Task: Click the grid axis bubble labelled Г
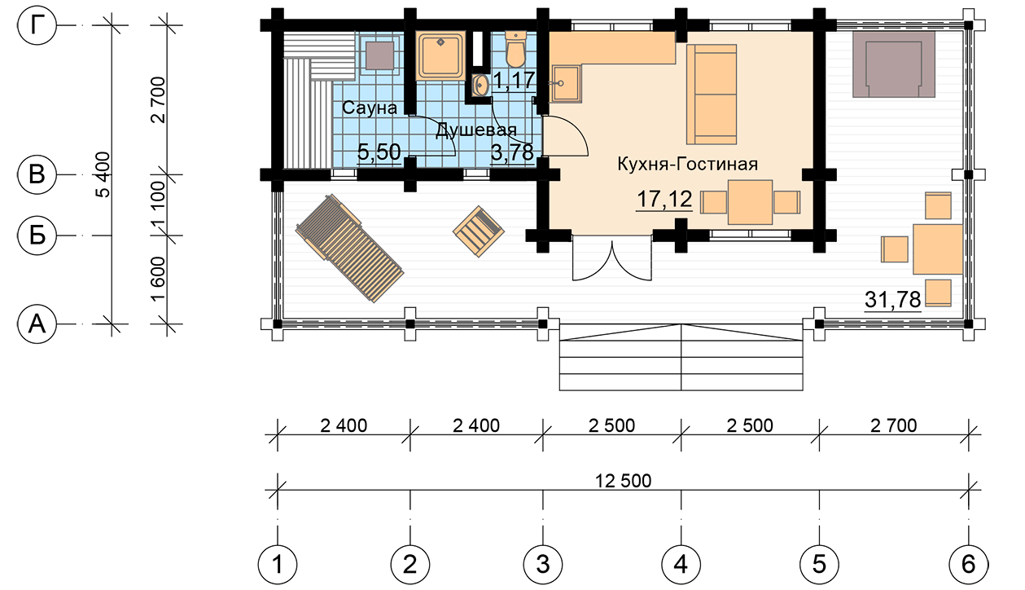(x=37, y=25)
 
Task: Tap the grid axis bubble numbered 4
(x=681, y=565)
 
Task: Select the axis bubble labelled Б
(x=37, y=236)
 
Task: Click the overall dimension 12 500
(x=623, y=481)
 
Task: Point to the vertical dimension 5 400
(x=104, y=174)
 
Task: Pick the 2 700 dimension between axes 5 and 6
(x=894, y=425)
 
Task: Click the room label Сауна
(x=370, y=108)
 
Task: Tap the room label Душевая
(x=476, y=130)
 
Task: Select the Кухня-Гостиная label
(x=687, y=164)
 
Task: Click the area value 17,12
(x=664, y=200)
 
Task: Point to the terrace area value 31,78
(x=892, y=300)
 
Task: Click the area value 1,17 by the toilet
(x=514, y=80)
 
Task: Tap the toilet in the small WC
(x=515, y=49)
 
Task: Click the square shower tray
(x=440, y=55)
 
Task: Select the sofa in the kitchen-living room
(x=711, y=95)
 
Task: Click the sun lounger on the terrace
(x=349, y=248)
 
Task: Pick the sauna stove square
(x=379, y=55)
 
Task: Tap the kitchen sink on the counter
(x=567, y=83)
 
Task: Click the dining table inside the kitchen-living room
(x=750, y=202)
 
